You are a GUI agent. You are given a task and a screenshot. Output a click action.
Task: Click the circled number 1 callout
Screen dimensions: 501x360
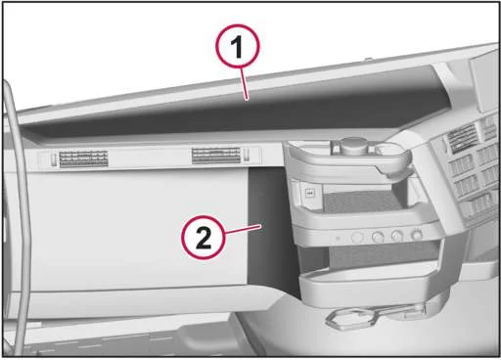pyautogui.click(x=238, y=46)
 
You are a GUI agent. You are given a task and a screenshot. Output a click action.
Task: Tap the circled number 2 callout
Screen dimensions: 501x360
pyautogui.click(x=204, y=237)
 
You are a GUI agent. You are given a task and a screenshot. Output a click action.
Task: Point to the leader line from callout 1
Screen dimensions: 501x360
pyautogui.click(x=244, y=83)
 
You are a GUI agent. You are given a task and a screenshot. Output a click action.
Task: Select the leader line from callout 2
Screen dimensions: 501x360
pyautogui.click(x=243, y=229)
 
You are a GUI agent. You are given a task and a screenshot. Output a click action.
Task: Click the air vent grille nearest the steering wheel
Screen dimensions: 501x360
pyautogui.click(x=83, y=158)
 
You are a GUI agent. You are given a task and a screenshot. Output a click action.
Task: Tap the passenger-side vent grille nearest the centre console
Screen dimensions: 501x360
pyautogui.click(x=216, y=156)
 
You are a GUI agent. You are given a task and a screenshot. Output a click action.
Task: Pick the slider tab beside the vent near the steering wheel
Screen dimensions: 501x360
pyautogui.click(x=54, y=158)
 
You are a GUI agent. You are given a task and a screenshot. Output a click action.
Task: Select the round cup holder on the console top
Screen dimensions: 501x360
pyautogui.click(x=390, y=149)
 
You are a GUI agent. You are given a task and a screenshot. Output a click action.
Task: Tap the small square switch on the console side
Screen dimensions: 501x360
pyautogui.click(x=309, y=193)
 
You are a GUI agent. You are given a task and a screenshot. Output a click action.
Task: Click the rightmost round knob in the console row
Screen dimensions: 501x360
pyautogui.click(x=417, y=234)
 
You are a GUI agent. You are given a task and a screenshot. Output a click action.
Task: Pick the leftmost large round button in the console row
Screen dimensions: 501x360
pyautogui.click(x=357, y=237)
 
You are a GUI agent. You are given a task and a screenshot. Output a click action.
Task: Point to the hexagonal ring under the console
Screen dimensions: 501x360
pyautogui.click(x=349, y=318)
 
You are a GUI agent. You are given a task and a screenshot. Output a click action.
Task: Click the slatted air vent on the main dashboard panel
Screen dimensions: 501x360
pyautogui.click(x=462, y=139)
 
